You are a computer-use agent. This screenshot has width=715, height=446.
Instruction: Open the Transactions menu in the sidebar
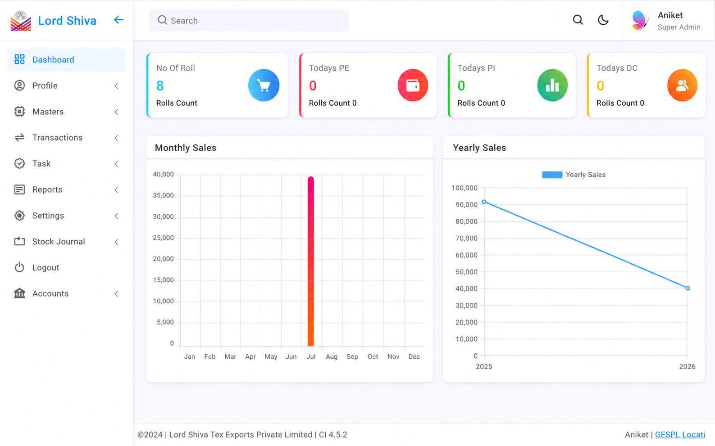tap(58, 138)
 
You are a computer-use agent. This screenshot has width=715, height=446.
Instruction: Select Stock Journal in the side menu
tap(59, 242)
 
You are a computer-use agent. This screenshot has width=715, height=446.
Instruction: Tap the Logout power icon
tap(19, 267)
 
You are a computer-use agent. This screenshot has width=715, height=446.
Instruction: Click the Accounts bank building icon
tap(19, 293)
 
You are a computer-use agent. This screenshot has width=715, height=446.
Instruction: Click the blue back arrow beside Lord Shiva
tap(119, 20)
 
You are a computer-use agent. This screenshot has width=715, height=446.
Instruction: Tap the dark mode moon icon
tap(603, 20)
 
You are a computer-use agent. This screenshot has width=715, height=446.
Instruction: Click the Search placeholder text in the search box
tap(184, 21)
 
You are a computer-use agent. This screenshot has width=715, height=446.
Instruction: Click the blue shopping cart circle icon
tap(264, 85)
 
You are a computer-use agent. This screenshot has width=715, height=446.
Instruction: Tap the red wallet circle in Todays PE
tap(413, 85)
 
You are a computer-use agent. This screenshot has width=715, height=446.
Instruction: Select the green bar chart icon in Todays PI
tap(552, 85)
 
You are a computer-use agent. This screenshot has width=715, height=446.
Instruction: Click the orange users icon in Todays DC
tap(682, 85)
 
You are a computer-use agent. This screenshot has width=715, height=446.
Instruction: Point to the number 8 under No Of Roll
tap(160, 86)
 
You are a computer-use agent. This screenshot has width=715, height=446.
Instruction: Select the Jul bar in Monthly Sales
tap(310, 261)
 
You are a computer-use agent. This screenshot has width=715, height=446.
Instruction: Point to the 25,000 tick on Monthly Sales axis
tap(164, 238)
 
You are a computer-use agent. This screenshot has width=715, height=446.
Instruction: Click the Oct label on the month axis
tap(373, 357)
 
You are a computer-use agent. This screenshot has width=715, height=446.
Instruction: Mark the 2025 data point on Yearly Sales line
tap(484, 202)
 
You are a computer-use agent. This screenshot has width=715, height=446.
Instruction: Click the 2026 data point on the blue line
tap(688, 288)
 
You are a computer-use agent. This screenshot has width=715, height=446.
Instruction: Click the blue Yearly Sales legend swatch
tap(552, 175)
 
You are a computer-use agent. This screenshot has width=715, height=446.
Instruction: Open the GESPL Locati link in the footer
tap(680, 435)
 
